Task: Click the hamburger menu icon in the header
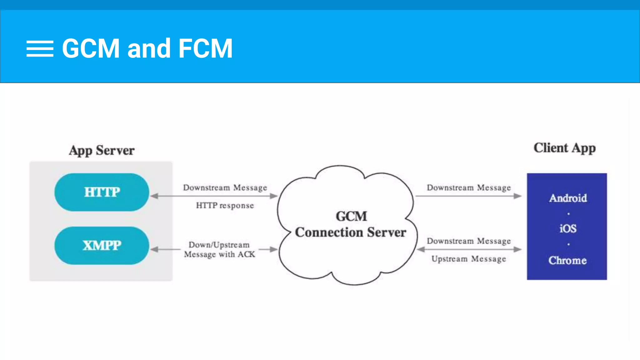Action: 40,49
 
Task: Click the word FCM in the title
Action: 205,48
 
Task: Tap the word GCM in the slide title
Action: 91,48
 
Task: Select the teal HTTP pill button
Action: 102,192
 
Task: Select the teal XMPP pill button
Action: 102,246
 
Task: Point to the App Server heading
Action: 102,150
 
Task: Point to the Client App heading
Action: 564,148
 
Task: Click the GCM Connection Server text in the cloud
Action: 351,224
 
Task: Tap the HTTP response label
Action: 225,206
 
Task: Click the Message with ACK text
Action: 219,254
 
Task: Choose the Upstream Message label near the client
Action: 468,259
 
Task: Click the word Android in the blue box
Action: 568,198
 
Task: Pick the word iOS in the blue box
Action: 568,229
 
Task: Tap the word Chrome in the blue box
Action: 567,260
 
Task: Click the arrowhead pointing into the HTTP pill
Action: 154,196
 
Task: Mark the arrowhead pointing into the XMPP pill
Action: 154,249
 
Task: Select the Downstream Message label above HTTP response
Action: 225,187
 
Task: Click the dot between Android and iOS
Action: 568,214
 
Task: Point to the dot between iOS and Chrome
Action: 568,244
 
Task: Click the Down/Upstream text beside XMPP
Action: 219,245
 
